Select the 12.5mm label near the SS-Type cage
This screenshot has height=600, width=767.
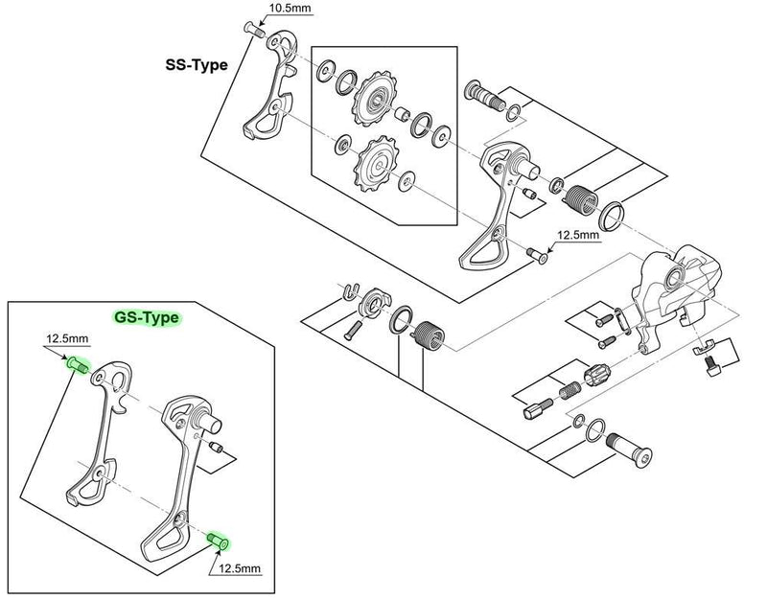pyautogui.click(x=578, y=234)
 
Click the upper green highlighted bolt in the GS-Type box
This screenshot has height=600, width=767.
pyautogui.click(x=77, y=364)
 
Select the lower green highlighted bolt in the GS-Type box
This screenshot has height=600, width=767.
pyautogui.click(x=220, y=543)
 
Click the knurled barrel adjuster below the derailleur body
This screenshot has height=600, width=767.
pyautogui.click(x=594, y=374)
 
